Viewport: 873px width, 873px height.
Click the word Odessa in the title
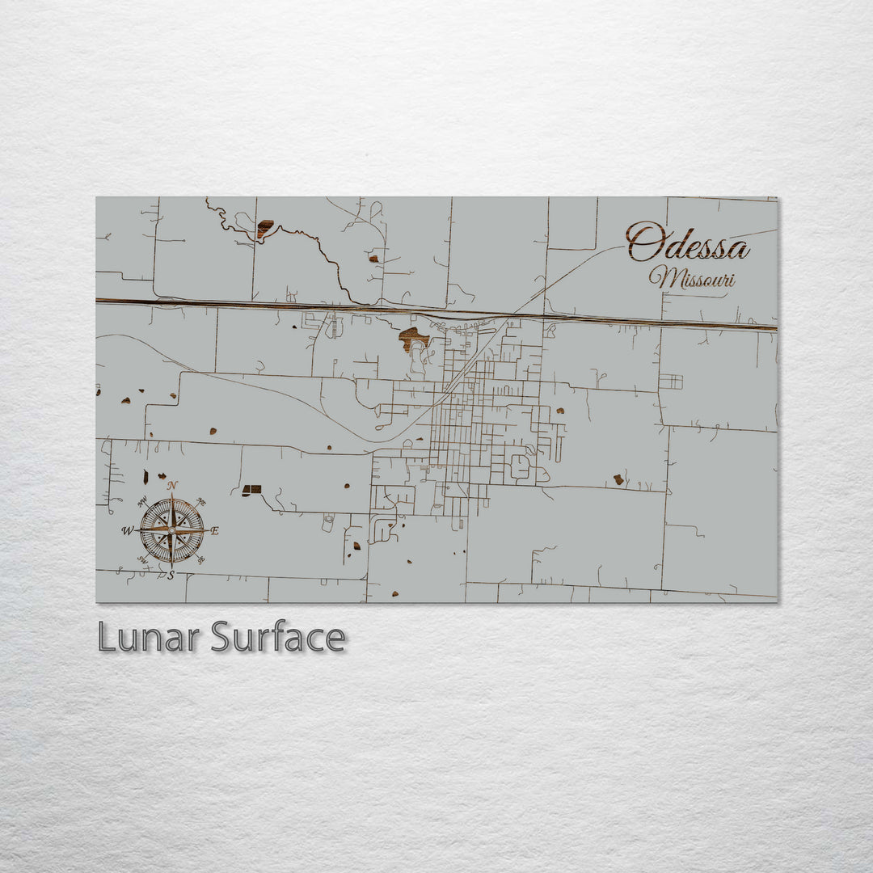point(687,242)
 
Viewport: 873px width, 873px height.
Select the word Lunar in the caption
point(150,637)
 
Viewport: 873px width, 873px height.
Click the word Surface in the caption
point(278,637)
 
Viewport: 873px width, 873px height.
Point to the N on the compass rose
point(171,486)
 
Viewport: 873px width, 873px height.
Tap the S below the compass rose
point(171,576)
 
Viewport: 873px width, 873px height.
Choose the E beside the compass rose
point(215,531)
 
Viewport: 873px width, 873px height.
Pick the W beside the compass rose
point(127,531)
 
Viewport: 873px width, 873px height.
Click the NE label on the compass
point(201,502)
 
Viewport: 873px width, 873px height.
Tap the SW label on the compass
point(142,559)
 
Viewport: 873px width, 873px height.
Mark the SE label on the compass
point(200,559)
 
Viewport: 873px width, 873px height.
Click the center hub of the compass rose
point(171,530)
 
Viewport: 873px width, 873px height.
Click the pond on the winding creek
point(264,229)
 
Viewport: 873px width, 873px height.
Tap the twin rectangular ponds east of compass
point(251,490)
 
